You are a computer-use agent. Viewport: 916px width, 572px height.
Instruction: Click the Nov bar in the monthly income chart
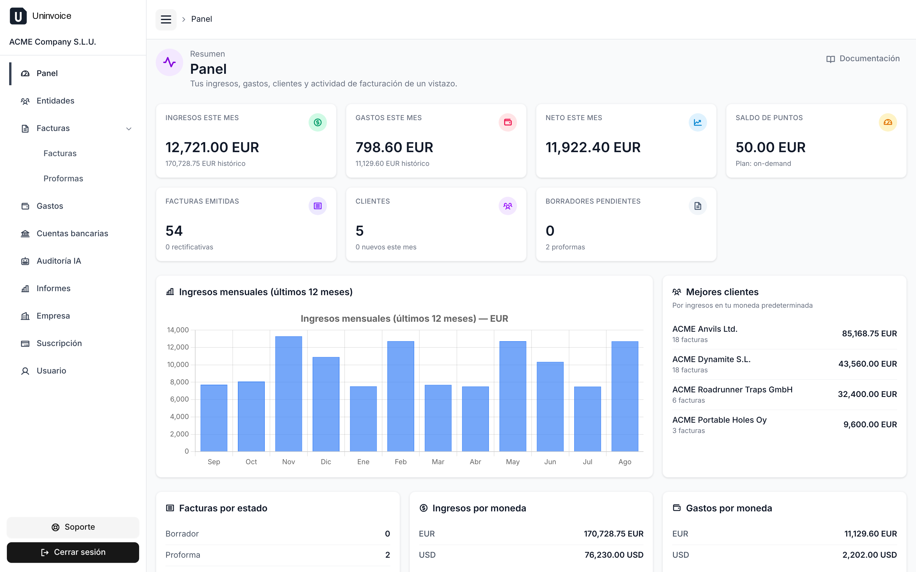pos(289,394)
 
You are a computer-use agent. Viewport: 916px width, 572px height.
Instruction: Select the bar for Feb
pos(400,396)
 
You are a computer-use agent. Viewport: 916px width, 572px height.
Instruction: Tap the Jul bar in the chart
pos(587,419)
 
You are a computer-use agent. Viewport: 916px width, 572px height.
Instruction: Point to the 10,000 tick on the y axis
pos(178,365)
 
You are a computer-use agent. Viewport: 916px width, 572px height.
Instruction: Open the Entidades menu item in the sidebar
pos(55,101)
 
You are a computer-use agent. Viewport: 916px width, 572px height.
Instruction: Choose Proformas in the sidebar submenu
pos(63,178)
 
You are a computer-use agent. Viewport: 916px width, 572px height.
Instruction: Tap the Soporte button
pos(73,527)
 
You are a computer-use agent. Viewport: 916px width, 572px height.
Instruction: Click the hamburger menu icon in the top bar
pos(166,19)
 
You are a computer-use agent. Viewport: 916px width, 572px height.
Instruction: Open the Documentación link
pos(863,59)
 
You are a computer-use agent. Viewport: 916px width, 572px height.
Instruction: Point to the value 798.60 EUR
pos(394,148)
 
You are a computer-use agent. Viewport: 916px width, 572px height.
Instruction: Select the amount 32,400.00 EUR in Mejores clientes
pos(867,394)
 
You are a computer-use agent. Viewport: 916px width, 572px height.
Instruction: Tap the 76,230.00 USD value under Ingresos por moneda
pos(614,555)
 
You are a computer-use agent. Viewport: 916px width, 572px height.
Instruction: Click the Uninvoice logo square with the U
pos(18,16)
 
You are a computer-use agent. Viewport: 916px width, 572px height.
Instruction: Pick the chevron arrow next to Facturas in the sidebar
pos(129,129)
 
